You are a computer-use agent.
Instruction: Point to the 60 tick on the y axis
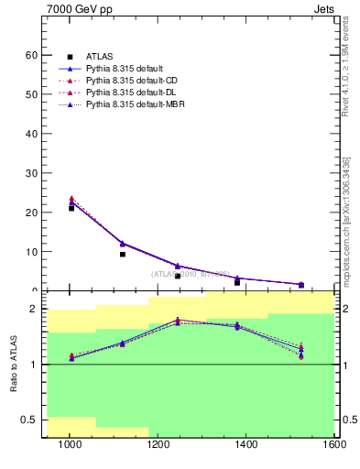click(31, 55)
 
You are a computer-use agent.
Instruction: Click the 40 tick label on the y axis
click(31, 134)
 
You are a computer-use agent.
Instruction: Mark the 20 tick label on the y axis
click(31, 213)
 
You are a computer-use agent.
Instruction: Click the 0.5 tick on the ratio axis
click(29, 420)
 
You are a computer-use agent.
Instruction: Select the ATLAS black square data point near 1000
click(71, 208)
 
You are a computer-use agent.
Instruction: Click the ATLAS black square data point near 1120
click(123, 254)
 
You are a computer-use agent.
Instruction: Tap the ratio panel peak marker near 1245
click(178, 321)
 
